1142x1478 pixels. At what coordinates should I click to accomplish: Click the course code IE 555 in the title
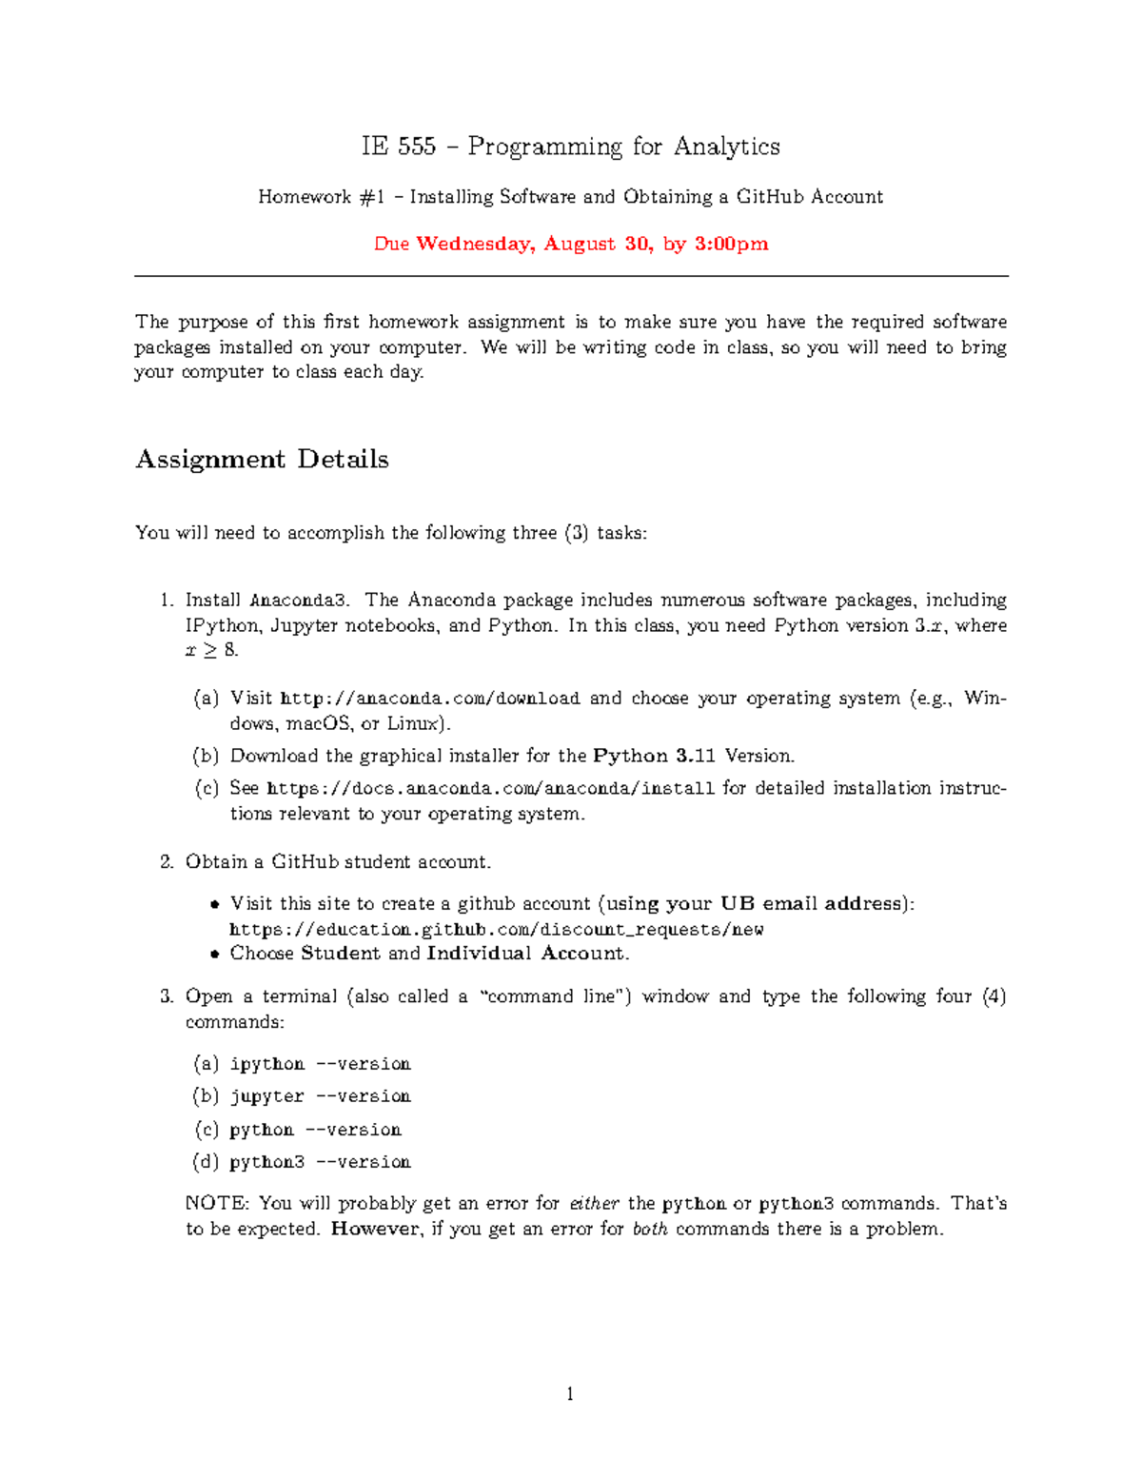(398, 147)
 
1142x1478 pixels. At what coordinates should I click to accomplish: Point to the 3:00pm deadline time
(731, 244)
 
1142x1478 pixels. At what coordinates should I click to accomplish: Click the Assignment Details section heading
(262, 460)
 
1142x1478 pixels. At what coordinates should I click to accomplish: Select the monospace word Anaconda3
(299, 601)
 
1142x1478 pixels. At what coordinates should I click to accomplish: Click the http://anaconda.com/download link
(430, 699)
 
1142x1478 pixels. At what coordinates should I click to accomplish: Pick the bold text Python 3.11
(654, 757)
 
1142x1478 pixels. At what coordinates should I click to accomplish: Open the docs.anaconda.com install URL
(490, 789)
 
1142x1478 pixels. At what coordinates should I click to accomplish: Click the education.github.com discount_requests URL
(496, 930)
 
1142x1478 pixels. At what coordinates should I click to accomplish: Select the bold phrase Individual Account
(526, 954)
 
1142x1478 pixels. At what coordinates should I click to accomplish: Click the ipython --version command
(320, 1064)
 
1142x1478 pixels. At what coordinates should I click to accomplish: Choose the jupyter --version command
(320, 1096)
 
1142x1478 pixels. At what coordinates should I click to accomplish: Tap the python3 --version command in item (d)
(320, 1162)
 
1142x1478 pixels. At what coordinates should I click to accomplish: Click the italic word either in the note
(594, 1204)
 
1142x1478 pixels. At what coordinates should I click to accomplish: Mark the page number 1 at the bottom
(570, 1395)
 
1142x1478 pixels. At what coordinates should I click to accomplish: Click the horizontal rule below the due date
(571, 277)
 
